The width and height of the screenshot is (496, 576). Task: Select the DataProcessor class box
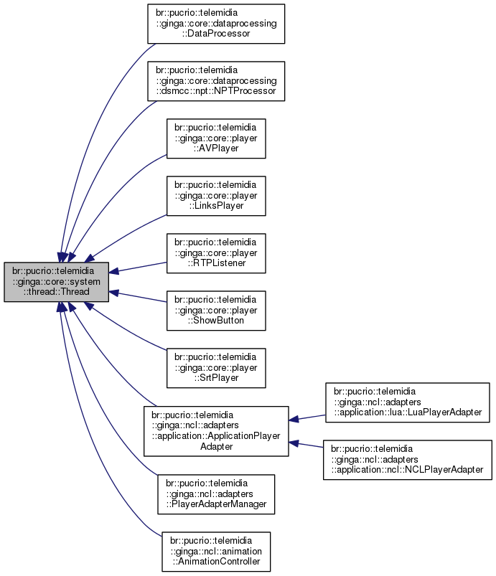click(x=216, y=24)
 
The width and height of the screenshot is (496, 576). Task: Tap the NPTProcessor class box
click(x=216, y=81)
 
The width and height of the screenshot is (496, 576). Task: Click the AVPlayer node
click(x=216, y=138)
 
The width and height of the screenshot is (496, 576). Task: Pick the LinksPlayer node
click(x=216, y=196)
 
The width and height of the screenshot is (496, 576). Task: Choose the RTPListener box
click(x=216, y=253)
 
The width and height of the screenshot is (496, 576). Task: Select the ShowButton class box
click(x=216, y=311)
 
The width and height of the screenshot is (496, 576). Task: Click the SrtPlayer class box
click(x=216, y=368)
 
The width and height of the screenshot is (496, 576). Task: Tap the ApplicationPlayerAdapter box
click(x=216, y=430)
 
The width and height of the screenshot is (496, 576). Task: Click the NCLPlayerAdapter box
click(x=408, y=460)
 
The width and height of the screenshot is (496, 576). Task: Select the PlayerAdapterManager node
click(x=216, y=494)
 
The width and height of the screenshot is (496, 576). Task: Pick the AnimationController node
click(x=216, y=552)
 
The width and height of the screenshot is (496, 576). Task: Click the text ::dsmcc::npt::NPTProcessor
click(x=216, y=92)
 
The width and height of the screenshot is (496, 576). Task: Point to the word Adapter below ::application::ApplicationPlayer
click(x=216, y=446)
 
